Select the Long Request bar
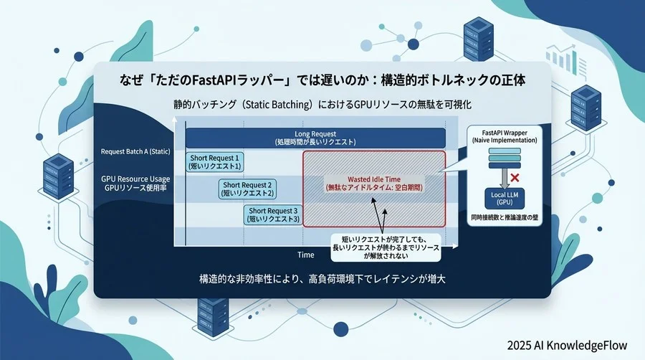pyautogui.click(x=315, y=138)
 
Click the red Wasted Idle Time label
pyautogui.click(x=374, y=182)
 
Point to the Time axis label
pyautogui.click(x=306, y=255)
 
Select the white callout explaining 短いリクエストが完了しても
pyautogui.click(x=386, y=247)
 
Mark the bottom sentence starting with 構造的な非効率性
pyautogui.click(x=322, y=279)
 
